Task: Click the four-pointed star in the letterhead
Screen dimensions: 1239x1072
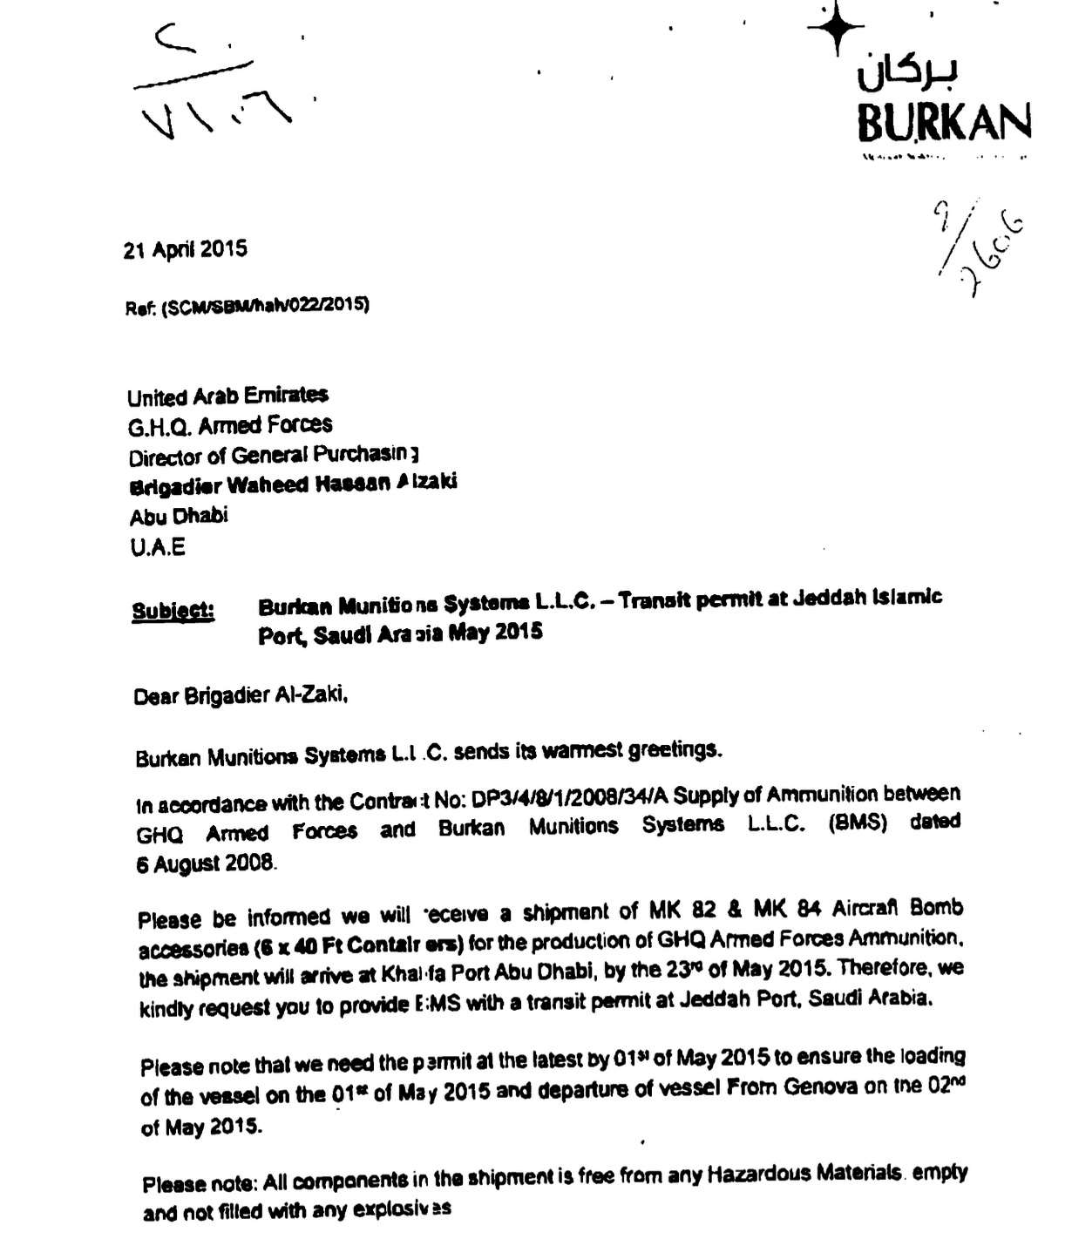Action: (836, 29)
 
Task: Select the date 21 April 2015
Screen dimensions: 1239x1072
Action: (185, 250)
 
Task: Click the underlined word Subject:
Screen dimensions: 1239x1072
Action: (173, 610)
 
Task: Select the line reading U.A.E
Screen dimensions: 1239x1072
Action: (157, 548)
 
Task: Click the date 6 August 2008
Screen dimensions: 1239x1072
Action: (207, 863)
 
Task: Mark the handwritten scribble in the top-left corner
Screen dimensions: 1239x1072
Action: (210, 87)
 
